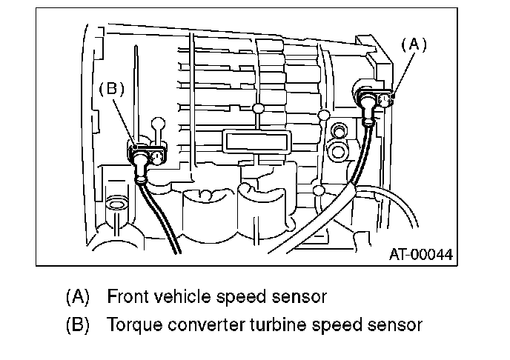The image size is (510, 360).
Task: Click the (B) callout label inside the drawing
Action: (111, 90)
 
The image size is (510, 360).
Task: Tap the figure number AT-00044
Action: (420, 255)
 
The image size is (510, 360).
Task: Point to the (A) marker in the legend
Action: (77, 298)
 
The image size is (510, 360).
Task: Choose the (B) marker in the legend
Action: (77, 324)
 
